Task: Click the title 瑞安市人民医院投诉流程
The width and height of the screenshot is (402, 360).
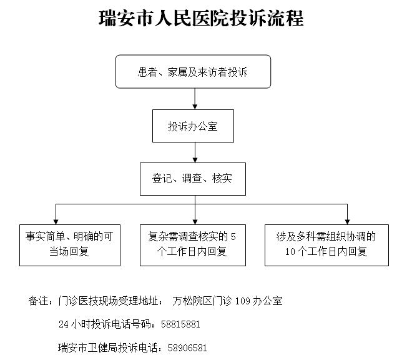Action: (x=201, y=18)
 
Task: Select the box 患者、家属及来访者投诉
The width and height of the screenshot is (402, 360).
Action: (x=193, y=71)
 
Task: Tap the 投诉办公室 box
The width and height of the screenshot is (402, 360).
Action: (x=193, y=126)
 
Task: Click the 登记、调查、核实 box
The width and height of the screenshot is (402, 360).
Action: (x=193, y=179)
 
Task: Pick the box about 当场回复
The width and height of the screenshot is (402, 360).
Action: (x=70, y=245)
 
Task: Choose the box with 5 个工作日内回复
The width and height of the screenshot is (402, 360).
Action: (x=193, y=245)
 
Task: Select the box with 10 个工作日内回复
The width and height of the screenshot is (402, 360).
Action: (x=326, y=245)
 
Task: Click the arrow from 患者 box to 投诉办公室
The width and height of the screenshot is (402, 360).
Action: (x=195, y=99)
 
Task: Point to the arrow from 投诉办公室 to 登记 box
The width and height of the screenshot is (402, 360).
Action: (x=195, y=152)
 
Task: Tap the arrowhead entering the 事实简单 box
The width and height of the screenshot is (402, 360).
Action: (x=56, y=222)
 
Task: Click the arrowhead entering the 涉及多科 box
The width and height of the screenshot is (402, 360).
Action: (x=348, y=222)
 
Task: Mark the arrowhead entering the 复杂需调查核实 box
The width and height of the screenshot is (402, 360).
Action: (x=195, y=222)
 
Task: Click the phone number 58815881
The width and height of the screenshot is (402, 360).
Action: (x=180, y=324)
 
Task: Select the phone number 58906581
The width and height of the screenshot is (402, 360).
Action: (x=187, y=348)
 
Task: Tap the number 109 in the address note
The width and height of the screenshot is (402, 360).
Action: (x=242, y=301)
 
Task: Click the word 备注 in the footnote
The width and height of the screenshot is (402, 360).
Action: (x=38, y=301)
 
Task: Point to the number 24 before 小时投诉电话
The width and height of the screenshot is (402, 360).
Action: (x=64, y=324)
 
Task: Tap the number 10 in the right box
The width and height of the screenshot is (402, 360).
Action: (x=290, y=252)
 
